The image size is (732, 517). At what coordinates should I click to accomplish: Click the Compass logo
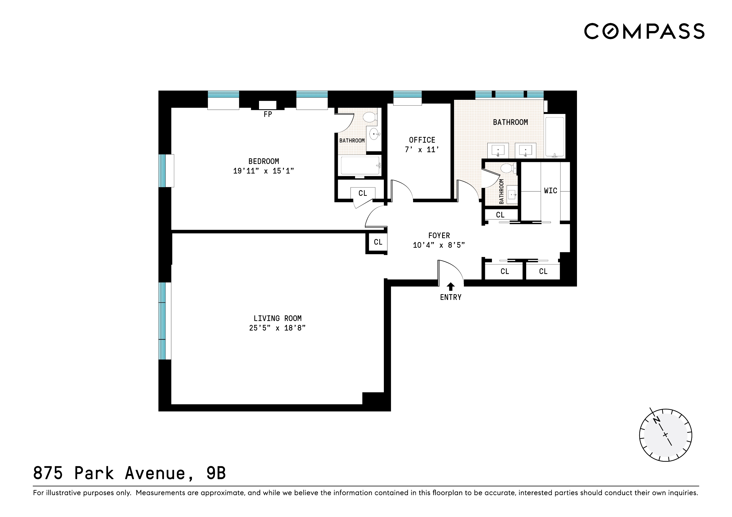pyautogui.click(x=644, y=31)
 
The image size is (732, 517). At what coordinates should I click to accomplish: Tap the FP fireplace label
pyautogui.click(x=267, y=114)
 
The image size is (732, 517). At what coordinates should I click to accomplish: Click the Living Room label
pyautogui.click(x=277, y=318)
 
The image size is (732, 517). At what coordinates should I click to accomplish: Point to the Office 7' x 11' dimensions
pyautogui.click(x=422, y=150)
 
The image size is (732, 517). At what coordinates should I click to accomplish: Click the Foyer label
pyautogui.click(x=439, y=236)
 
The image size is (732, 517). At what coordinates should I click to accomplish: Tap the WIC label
pyautogui.click(x=550, y=191)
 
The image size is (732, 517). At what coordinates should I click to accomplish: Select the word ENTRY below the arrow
pyautogui.click(x=450, y=297)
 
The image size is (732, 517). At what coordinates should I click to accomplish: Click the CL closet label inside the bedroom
pyautogui.click(x=363, y=193)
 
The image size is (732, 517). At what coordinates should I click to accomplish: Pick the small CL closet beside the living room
pyautogui.click(x=378, y=242)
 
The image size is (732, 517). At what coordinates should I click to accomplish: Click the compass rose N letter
pyautogui.click(x=657, y=421)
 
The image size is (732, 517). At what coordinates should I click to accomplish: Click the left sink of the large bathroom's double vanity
pyautogui.click(x=498, y=150)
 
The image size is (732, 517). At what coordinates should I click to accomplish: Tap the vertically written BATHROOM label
pyautogui.click(x=501, y=191)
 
